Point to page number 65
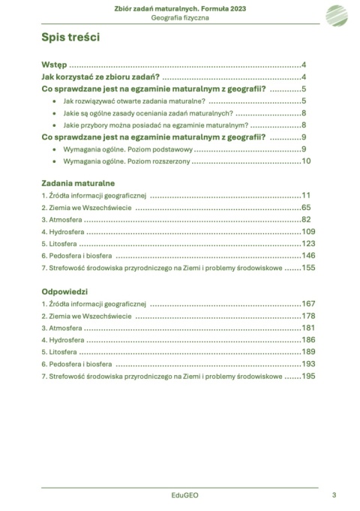pyautogui.click(x=306, y=207)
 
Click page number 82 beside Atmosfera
pyautogui.click(x=306, y=219)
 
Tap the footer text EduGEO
pyautogui.click(x=180, y=495)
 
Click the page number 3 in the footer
pyautogui.click(x=333, y=495)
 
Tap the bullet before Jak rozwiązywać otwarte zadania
pyautogui.click(x=55, y=101)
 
